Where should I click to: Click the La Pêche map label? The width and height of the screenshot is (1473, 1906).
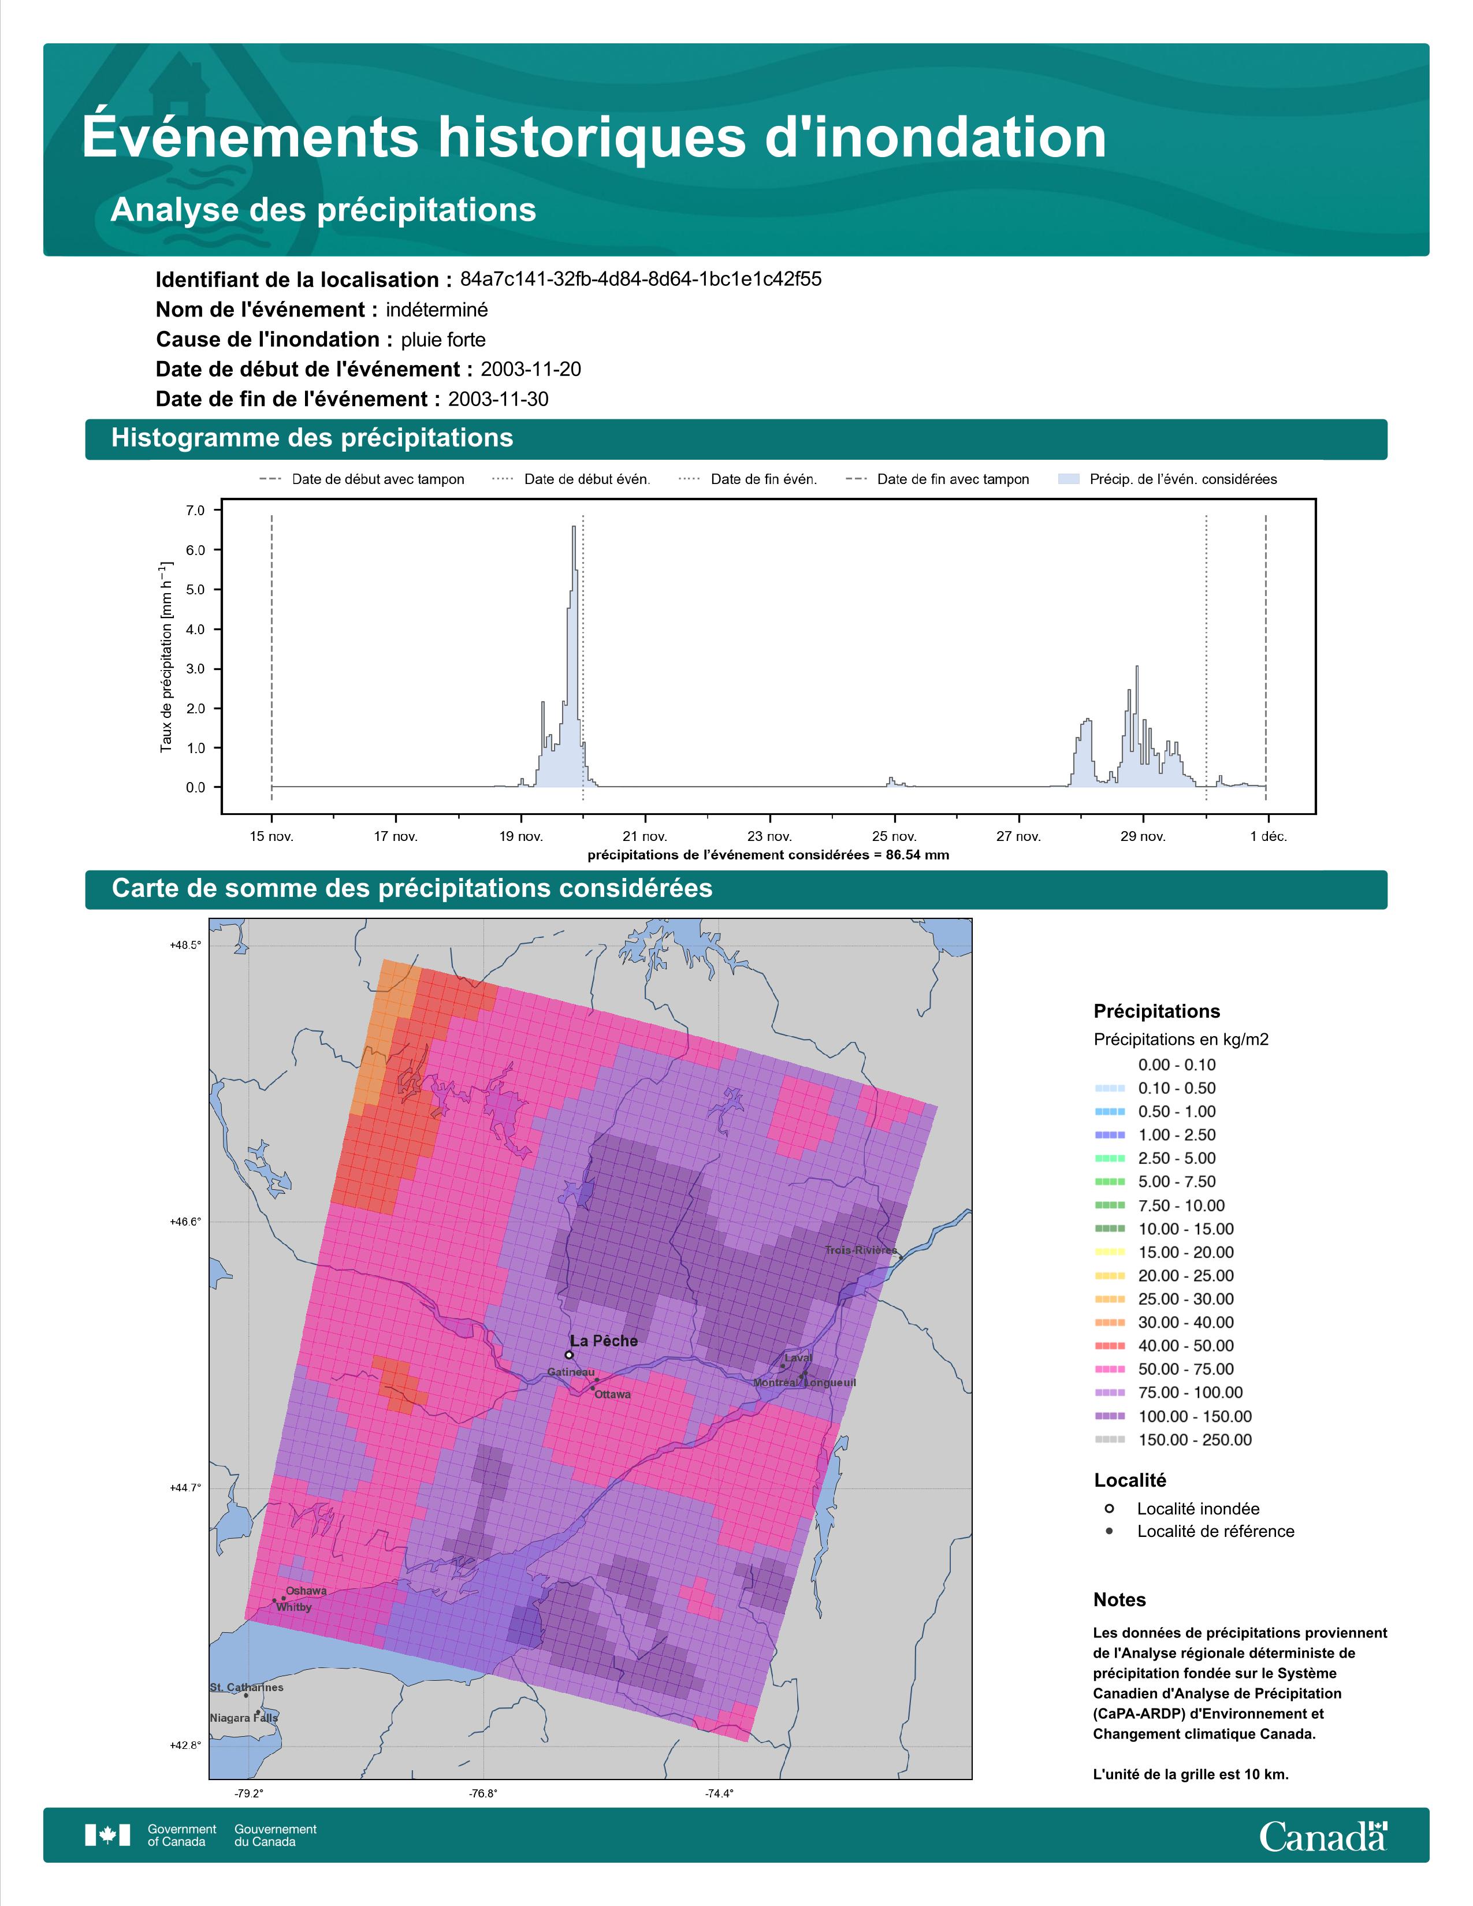point(603,1341)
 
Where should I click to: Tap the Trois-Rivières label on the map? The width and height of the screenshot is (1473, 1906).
point(861,1250)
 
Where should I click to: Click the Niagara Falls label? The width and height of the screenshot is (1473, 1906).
point(243,1718)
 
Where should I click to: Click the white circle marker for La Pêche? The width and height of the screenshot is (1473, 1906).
point(569,1356)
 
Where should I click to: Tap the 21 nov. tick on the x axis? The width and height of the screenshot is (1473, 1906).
point(645,836)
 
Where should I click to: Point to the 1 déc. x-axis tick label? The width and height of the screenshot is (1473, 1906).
point(1268,836)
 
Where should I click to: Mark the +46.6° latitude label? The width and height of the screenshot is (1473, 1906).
point(185,1222)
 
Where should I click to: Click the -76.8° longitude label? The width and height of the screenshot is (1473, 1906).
point(483,1793)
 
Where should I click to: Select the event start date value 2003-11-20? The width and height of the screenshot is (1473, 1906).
point(530,369)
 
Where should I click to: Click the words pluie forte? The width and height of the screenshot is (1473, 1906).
point(443,340)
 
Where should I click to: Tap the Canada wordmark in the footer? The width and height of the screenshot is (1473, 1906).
point(1323,1837)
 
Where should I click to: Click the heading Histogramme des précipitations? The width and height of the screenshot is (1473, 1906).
point(313,438)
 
